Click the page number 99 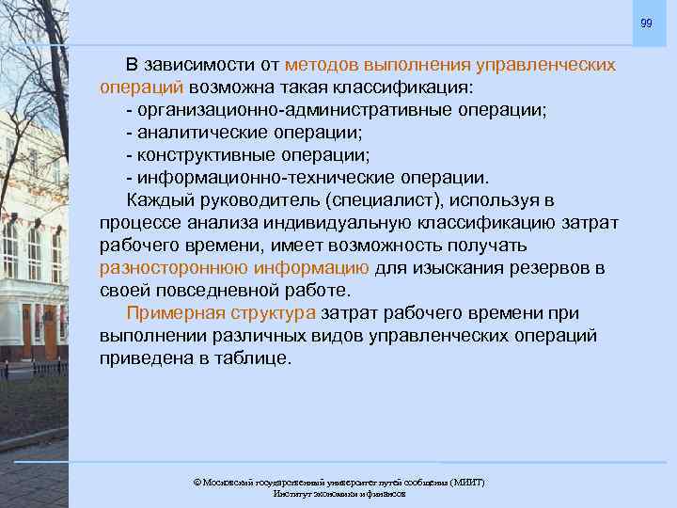point(645,23)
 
